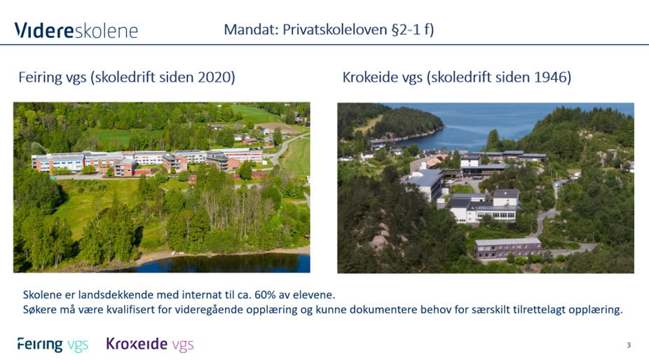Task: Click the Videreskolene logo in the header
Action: pyautogui.click(x=76, y=30)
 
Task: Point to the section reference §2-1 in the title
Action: pyautogui.click(x=408, y=29)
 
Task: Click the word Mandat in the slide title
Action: pyautogui.click(x=250, y=29)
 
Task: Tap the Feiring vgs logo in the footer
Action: pyautogui.click(x=53, y=344)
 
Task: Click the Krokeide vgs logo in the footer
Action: pyautogui.click(x=149, y=344)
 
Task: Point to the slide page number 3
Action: pyautogui.click(x=629, y=345)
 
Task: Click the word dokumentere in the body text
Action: pyautogui.click(x=392, y=310)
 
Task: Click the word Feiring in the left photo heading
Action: pyautogui.click(x=41, y=77)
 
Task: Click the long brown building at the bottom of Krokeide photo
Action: pyautogui.click(x=507, y=247)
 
